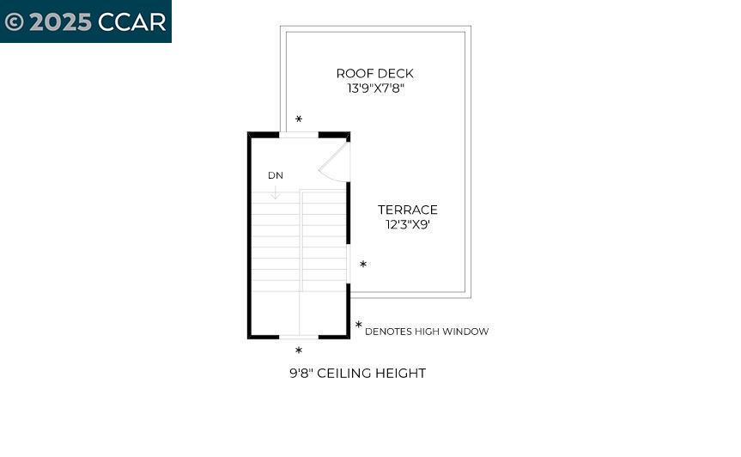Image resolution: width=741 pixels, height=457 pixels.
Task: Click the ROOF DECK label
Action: pyautogui.click(x=374, y=74)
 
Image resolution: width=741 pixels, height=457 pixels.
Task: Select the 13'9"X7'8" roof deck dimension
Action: pyautogui.click(x=374, y=88)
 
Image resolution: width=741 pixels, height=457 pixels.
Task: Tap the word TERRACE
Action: pyautogui.click(x=408, y=210)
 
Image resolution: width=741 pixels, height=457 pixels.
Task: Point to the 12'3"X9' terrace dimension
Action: pyautogui.click(x=408, y=224)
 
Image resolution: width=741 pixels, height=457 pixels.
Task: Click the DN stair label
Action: pyautogui.click(x=275, y=175)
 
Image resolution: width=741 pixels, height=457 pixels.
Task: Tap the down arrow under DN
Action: pyautogui.click(x=275, y=192)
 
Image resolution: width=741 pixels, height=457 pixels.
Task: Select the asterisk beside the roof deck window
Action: pyautogui.click(x=299, y=119)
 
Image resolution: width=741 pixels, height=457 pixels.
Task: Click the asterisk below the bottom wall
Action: pyautogui.click(x=299, y=350)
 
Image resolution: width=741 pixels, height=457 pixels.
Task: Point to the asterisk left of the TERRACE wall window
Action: pyautogui.click(x=363, y=265)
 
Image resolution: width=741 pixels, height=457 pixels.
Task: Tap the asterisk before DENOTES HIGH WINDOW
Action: pyautogui.click(x=358, y=326)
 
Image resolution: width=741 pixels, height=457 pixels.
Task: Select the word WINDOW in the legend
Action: pyautogui.click(x=467, y=332)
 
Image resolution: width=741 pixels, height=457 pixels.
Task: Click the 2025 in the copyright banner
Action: pyautogui.click(x=60, y=21)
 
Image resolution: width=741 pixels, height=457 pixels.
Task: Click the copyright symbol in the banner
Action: pyautogui.click(x=14, y=21)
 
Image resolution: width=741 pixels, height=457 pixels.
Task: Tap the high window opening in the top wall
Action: pyautogui.click(x=299, y=135)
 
